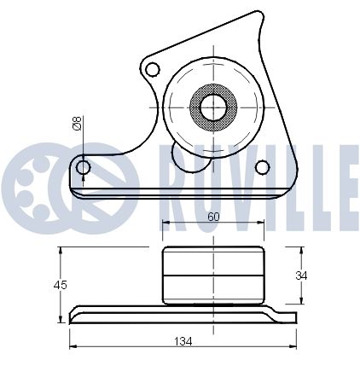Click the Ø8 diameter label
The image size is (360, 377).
[x=77, y=123]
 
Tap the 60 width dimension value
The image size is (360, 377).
[x=213, y=217]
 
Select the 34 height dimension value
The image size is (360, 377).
[x=301, y=275]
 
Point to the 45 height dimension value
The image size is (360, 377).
[x=60, y=285]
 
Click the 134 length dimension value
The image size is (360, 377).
[x=183, y=341]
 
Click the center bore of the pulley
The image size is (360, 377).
[x=213, y=107]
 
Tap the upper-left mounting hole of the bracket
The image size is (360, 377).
[x=153, y=69]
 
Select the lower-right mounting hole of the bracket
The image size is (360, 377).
[x=262, y=167]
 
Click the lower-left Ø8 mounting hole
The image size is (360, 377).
[x=84, y=167]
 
